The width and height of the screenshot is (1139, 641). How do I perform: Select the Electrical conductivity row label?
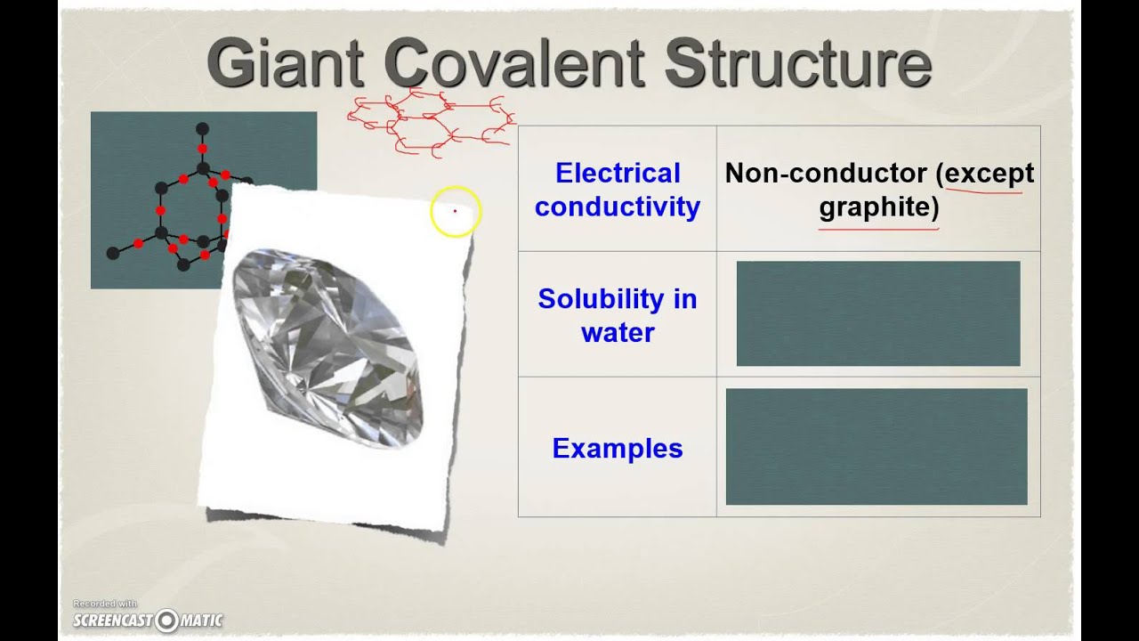[617, 190]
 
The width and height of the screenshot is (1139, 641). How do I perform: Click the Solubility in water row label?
[617, 315]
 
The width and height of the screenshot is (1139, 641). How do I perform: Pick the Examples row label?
[617, 448]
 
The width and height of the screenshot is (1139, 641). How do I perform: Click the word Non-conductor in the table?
[826, 173]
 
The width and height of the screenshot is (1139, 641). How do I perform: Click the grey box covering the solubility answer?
[878, 313]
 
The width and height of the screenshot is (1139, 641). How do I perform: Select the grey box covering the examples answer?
[876, 447]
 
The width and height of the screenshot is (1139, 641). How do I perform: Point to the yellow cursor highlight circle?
[455, 212]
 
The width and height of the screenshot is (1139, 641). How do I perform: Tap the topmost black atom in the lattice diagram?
[202, 129]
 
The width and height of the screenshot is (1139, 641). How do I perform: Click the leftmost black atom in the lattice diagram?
[113, 254]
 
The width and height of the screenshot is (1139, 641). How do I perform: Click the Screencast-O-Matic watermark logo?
[148, 620]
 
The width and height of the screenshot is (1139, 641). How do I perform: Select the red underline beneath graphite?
[878, 229]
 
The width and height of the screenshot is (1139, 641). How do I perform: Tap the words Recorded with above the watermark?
[105, 604]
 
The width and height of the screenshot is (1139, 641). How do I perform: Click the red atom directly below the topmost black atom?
[202, 149]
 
